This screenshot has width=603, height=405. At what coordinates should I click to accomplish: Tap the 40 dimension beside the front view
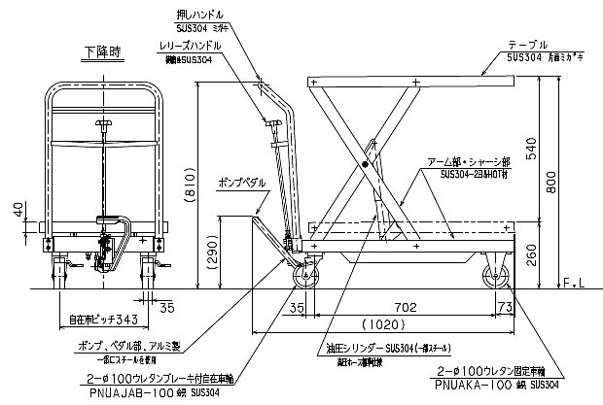[x=18, y=210]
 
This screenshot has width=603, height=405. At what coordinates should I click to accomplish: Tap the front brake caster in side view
[x=306, y=276]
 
